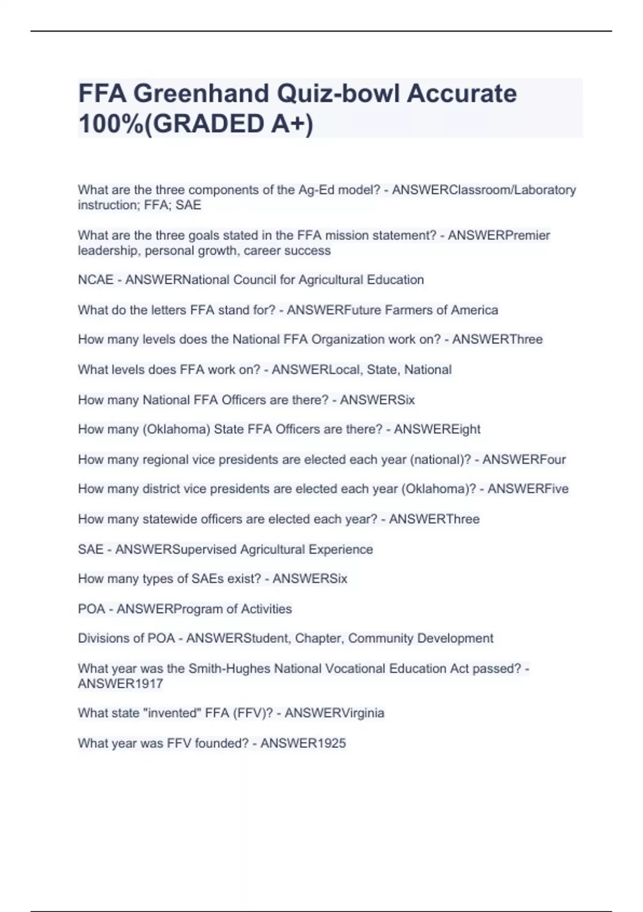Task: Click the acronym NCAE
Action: coord(95,280)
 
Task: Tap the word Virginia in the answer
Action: coord(359,714)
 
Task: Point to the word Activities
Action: coord(266,609)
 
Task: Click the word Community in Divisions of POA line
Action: coord(380,639)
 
